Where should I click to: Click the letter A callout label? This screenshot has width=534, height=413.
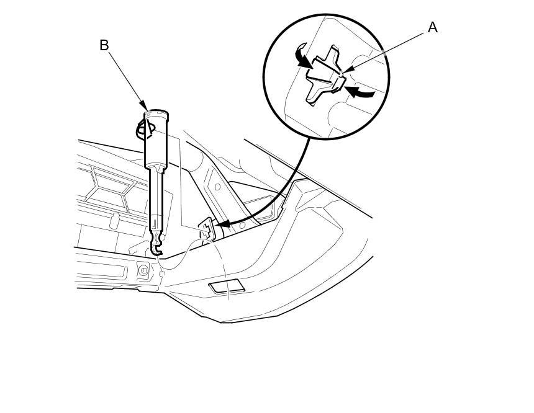tap(432, 27)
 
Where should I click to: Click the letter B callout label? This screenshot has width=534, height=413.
tap(104, 45)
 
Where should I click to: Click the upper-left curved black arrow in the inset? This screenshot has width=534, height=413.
tap(302, 57)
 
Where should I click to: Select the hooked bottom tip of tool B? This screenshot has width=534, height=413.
tap(156, 248)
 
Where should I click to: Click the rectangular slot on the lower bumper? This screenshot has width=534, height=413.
tap(227, 286)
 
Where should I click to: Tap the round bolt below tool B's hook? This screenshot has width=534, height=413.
tap(143, 270)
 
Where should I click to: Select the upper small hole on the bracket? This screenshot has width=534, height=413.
tap(217, 187)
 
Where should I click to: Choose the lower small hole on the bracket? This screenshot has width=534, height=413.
tap(242, 226)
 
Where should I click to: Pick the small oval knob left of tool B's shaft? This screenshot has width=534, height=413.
tap(114, 221)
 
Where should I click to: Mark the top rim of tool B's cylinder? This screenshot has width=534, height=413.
tap(156, 113)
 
